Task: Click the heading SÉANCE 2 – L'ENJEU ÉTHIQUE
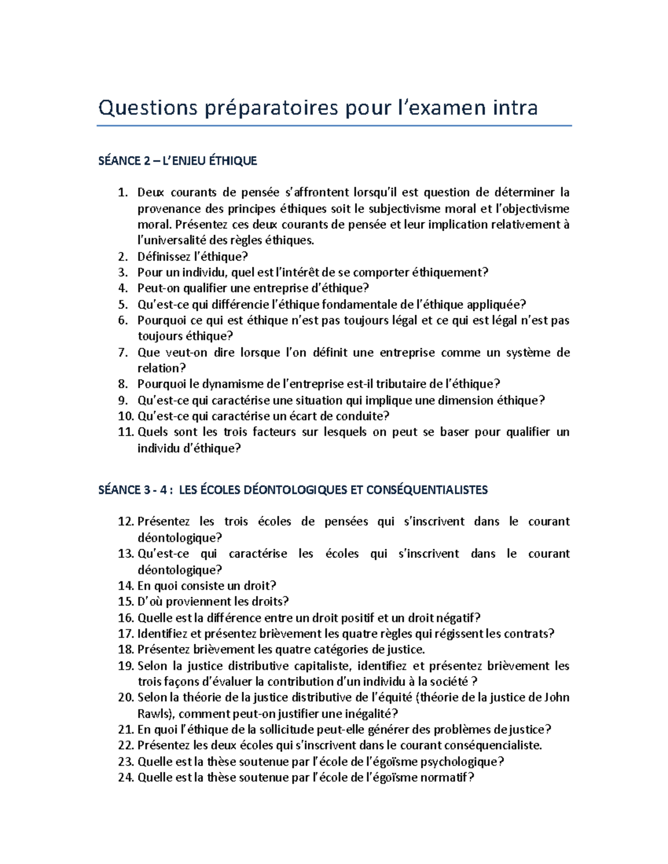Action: click(x=178, y=161)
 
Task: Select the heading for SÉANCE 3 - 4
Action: click(x=293, y=490)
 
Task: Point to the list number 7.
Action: click(x=124, y=352)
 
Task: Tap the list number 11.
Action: click(x=126, y=432)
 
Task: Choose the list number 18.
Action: click(x=126, y=649)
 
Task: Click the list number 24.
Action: click(x=126, y=778)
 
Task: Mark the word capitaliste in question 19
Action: click(x=322, y=666)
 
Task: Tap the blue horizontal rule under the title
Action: click(x=334, y=126)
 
